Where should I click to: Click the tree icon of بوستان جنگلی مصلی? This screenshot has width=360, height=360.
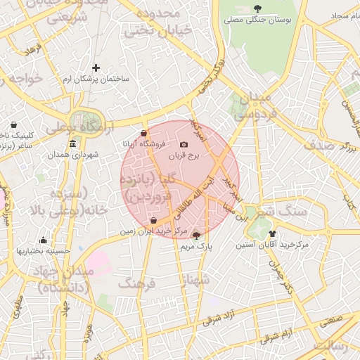coord(258,8)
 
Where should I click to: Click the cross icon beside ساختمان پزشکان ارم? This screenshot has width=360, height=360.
coord(96,68)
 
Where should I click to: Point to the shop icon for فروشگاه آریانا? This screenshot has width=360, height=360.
coord(143,132)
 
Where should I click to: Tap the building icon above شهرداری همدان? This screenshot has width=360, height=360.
coord(73,144)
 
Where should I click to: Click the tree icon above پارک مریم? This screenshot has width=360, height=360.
coord(195,236)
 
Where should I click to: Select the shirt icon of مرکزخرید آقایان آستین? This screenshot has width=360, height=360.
coord(273,234)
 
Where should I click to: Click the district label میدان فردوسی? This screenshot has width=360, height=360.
coord(254,104)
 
